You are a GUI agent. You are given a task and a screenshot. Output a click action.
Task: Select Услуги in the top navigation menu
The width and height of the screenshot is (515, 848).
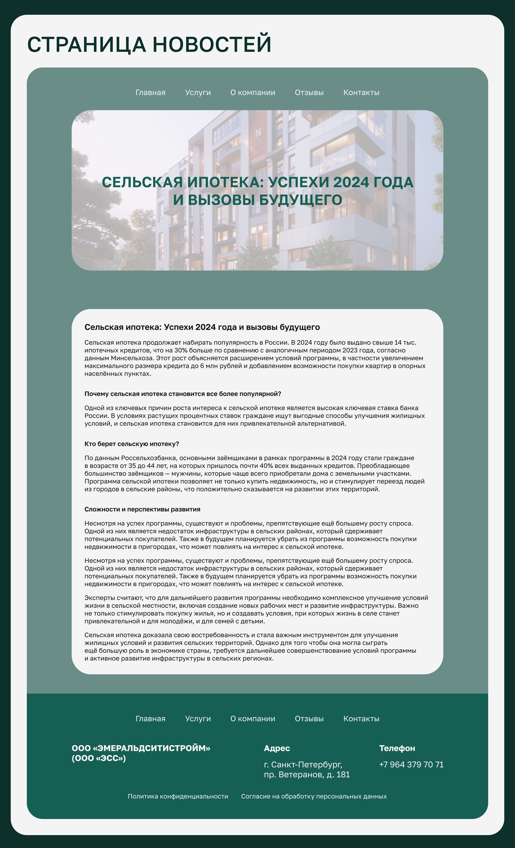pyautogui.click(x=198, y=93)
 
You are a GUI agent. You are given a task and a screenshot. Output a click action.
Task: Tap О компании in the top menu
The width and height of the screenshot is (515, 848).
pyautogui.click(x=253, y=93)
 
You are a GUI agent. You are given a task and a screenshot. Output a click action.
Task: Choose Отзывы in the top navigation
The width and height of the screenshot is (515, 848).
pyautogui.click(x=309, y=93)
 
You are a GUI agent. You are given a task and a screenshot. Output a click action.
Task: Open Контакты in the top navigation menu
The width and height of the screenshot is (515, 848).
pyautogui.click(x=361, y=93)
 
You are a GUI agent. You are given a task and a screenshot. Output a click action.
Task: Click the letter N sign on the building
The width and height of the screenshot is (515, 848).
pyautogui.click(x=258, y=132)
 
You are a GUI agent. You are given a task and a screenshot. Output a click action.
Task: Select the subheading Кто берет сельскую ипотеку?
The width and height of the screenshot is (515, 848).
pyautogui.click(x=132, y=444)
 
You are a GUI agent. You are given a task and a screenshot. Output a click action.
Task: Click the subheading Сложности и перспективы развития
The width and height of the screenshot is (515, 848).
pyautogui.click(x=142, y=509)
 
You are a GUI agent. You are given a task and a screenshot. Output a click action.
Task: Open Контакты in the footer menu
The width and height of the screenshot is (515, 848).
pyautogui.click(x=361, y=719)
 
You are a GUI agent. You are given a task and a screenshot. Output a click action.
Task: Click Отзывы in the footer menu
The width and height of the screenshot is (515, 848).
pyautogui.click(x=309, y=719)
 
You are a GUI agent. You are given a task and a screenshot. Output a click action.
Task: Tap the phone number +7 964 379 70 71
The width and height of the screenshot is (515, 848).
pyautogui.click(x=411, y=765)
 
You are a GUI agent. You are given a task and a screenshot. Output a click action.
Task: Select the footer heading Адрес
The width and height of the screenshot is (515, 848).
pyautogui.click(x=277, y=749)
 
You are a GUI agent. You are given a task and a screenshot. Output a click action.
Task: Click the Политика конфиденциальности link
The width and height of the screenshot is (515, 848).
pyautogui.click(x=178, y=796)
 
